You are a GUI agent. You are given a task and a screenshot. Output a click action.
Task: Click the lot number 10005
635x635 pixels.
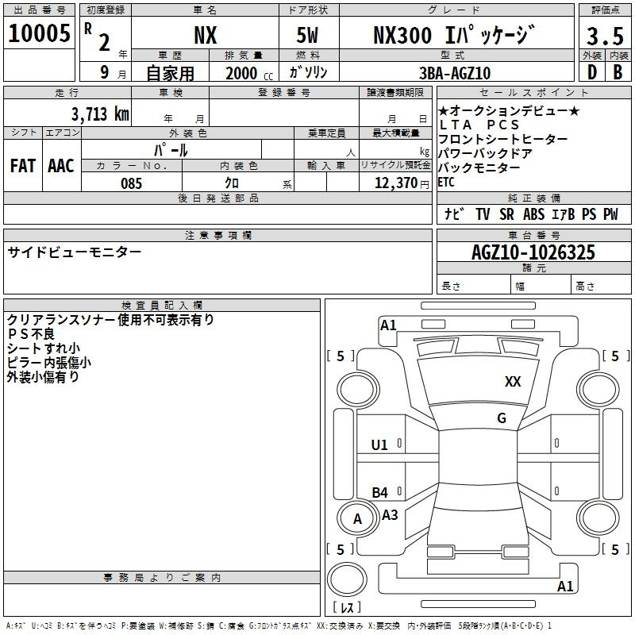[x=39, y=34]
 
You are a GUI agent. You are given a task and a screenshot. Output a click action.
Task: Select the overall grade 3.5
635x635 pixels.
[x=603, y=36]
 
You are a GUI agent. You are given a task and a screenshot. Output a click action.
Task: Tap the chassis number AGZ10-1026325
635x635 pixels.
[x=533, y=252]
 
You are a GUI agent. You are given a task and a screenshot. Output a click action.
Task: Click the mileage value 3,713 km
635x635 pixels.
[x=98, y=114]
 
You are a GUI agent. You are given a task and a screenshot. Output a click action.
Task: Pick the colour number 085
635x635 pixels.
[x=132, y=183]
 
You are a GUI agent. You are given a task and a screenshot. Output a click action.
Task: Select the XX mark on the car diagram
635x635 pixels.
[x=513, y=382]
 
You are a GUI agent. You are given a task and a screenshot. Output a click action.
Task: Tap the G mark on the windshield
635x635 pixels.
[x=501, y=418]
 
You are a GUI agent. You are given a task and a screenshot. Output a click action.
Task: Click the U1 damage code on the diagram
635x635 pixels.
[x=379, y=444]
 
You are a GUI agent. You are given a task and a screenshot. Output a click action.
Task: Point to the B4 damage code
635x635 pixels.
[x=380, y=492]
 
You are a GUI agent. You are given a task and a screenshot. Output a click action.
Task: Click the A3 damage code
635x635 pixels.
[x=390, y=515]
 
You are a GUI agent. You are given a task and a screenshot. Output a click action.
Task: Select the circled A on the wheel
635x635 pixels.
[x=357, y=519]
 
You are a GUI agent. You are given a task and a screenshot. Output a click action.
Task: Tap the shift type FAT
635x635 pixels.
[x=23, y=166]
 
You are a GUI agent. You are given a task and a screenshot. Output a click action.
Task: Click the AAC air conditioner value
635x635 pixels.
[x=61, y=166]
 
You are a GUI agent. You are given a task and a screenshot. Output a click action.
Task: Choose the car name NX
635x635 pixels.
[x=205, y=36]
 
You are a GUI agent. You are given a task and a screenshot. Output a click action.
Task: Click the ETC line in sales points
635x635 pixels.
[x=446, y=182]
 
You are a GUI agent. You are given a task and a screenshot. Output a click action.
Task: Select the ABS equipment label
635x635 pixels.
[x=533, y=214]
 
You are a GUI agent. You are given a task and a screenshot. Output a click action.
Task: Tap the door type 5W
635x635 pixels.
[x=310, y=36]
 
